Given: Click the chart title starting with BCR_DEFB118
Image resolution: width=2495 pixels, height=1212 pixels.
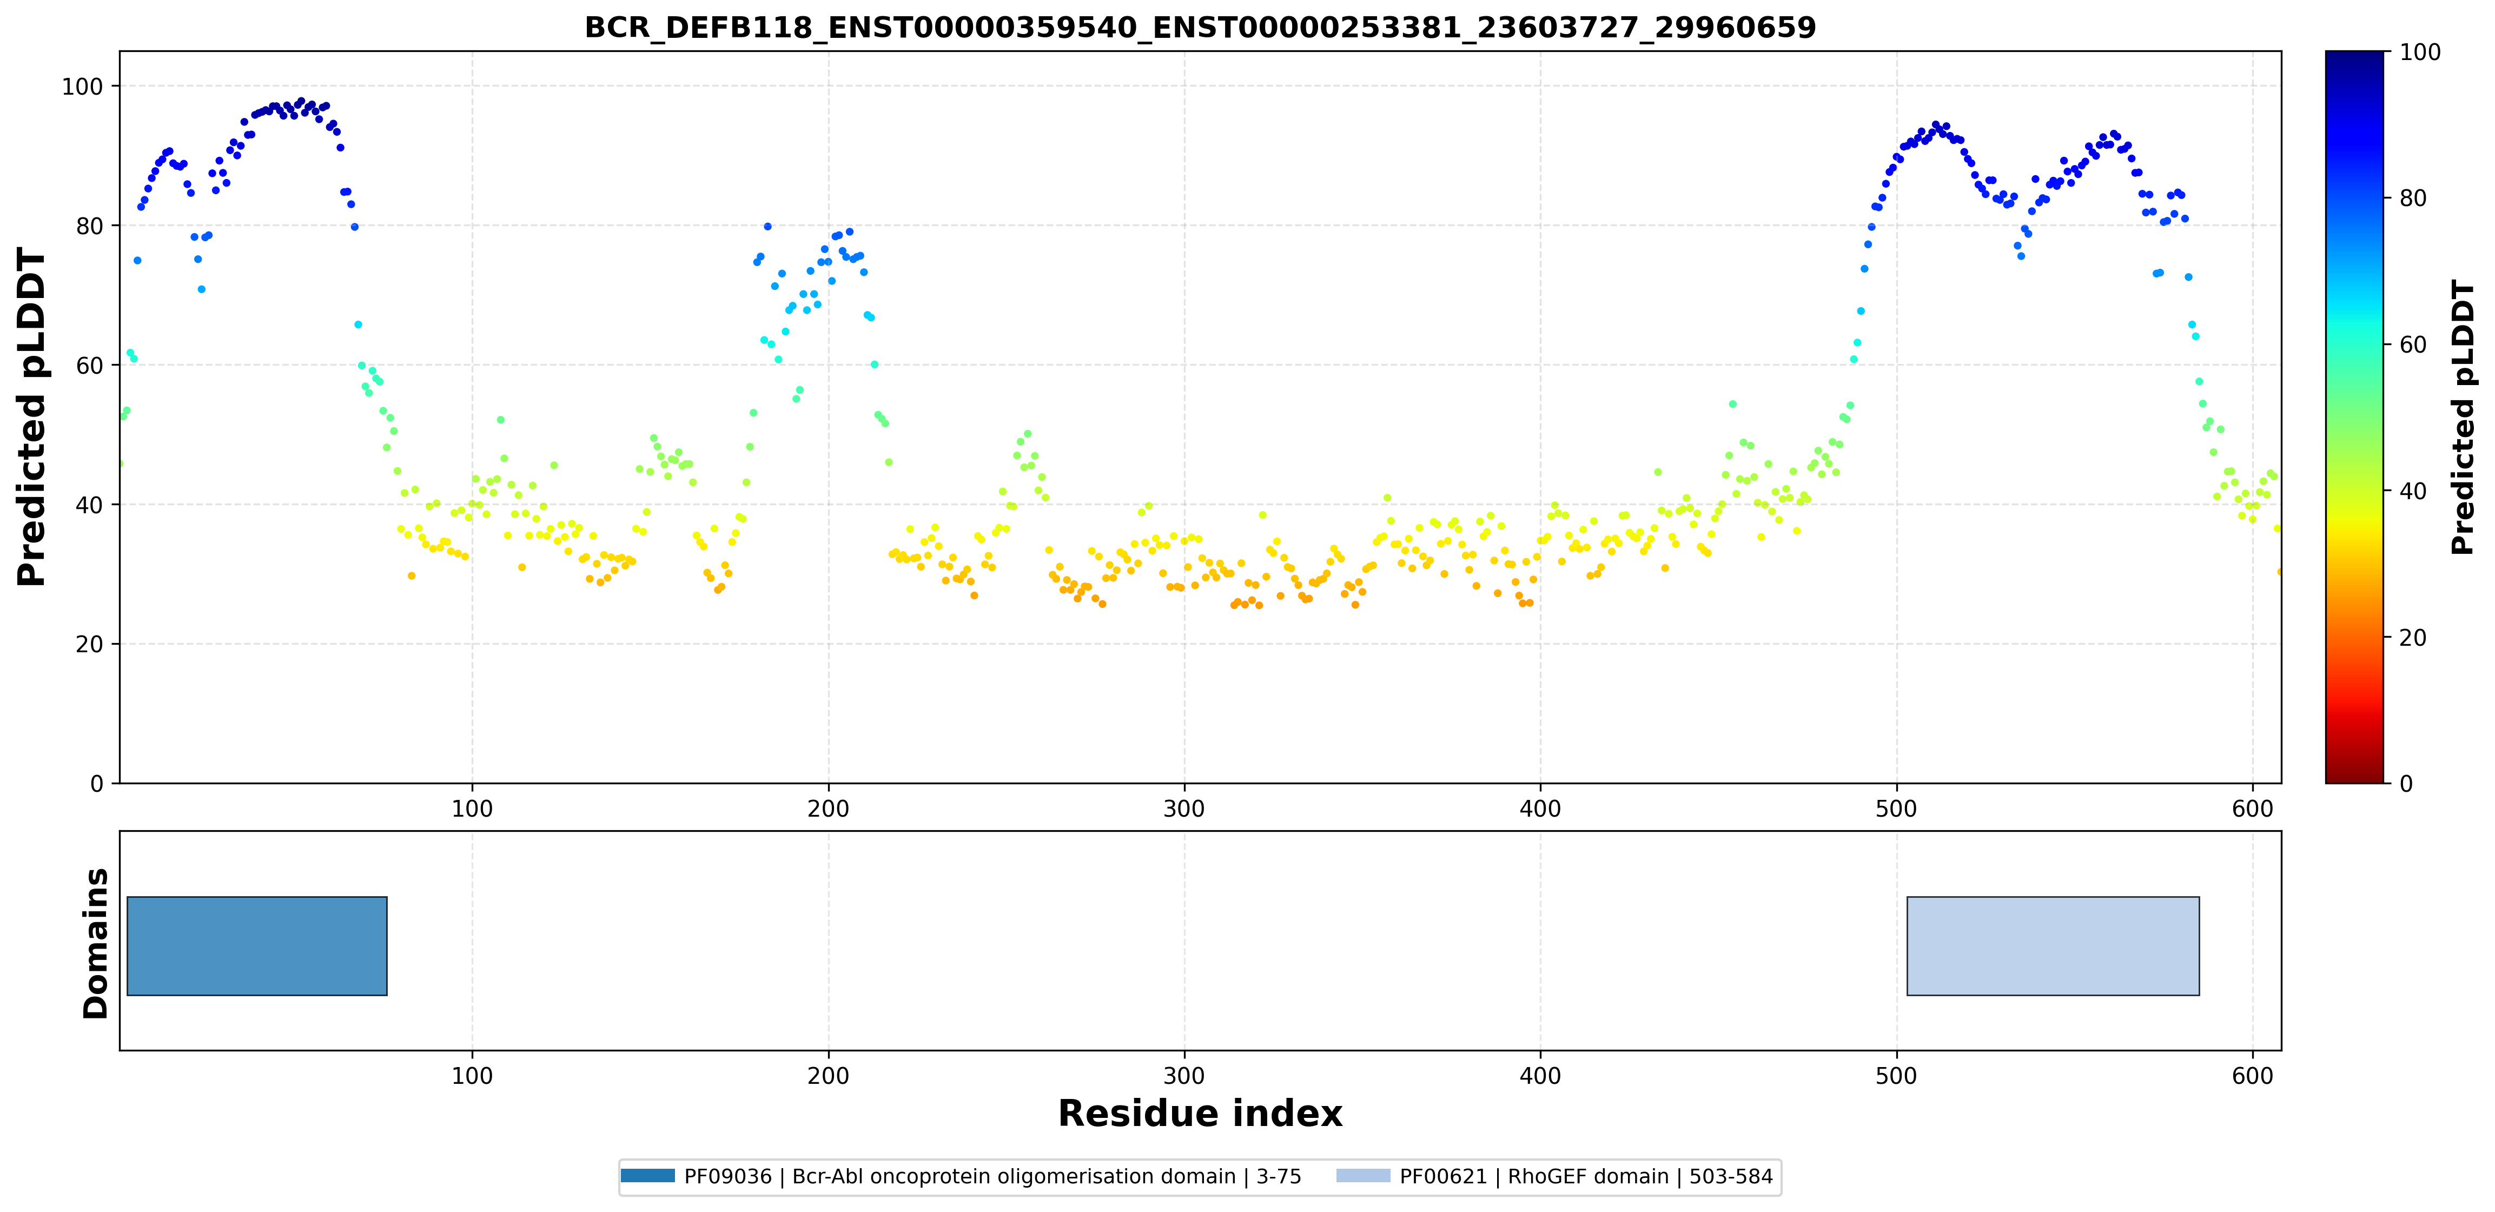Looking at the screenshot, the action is coord(1200,27).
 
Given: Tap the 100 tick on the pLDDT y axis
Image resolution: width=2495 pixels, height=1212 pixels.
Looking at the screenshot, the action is coord(82,86).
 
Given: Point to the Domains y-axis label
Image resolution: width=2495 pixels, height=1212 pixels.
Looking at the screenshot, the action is coord(96,943).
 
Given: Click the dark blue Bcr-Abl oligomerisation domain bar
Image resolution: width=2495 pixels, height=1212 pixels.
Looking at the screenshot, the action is coord(257,945).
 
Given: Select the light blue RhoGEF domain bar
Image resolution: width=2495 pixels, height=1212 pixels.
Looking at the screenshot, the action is coord(2053,945).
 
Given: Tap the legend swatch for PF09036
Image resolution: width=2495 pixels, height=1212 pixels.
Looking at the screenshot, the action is coord(647,1176).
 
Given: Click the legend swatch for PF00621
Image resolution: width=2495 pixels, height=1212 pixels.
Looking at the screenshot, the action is coord(1363,1176).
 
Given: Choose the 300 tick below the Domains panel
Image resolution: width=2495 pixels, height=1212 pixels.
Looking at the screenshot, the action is coord(1184,1075).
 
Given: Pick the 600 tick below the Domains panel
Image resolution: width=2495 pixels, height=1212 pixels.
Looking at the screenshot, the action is coord(2252,1075).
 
